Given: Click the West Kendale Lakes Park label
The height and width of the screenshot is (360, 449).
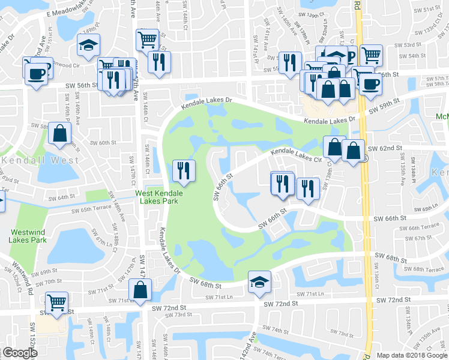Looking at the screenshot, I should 159,197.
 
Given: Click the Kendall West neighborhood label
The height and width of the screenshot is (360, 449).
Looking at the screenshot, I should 40,160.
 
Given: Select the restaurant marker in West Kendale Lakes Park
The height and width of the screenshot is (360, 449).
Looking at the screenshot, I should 184,170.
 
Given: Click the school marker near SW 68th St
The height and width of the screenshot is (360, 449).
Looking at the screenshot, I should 259,281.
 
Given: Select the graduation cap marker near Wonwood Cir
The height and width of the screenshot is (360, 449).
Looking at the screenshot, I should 88,45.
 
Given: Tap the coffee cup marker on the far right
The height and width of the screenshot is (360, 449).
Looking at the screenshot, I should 370,83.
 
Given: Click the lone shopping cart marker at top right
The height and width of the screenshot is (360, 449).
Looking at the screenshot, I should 372,55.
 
